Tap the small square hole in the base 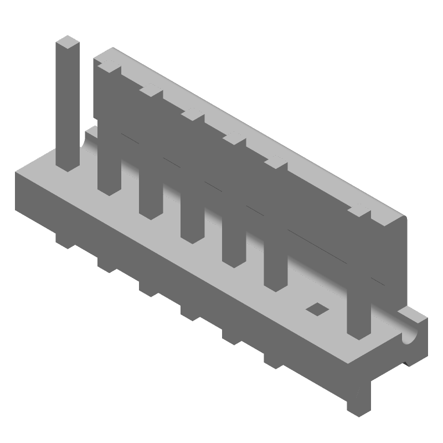pyautogui.click(x=317, y=307)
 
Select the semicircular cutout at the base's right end pyautogui.click(x=410, y=336)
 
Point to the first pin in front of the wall pyautogui.click(x=109, y=166)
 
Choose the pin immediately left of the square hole pyautogui.click(x=275, y=266)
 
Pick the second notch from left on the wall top pyautogui.click(x=151, y=90)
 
